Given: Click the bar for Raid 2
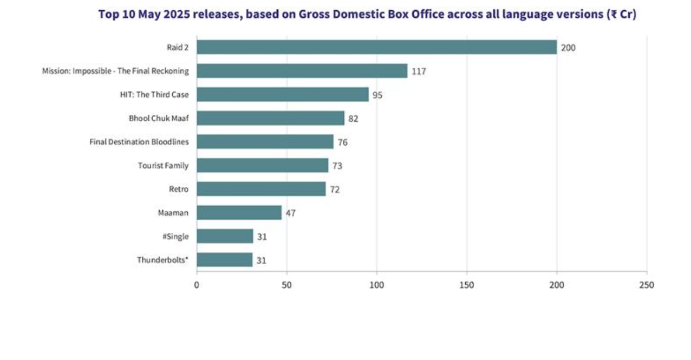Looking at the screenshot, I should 376,47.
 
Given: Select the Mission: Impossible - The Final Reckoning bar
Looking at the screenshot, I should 302,71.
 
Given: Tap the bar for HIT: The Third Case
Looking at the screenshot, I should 282,95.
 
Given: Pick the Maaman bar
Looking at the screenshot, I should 239,213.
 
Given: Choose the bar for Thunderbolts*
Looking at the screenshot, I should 224,260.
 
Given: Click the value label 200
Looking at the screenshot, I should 568,48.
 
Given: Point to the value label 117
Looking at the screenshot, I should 419,71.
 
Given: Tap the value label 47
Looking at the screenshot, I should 291,213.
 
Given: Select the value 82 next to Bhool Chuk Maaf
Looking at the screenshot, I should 353,119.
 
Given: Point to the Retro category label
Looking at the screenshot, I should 179,189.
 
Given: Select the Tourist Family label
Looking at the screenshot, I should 163,166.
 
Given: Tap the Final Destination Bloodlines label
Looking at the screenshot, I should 139,142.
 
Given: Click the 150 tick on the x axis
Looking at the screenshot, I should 466,285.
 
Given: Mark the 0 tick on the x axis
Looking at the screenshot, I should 197,285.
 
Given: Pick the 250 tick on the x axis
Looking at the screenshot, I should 647,285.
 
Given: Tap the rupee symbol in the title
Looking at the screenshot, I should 613,15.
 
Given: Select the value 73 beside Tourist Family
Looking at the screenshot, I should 337,166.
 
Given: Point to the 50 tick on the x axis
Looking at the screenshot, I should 286,285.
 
